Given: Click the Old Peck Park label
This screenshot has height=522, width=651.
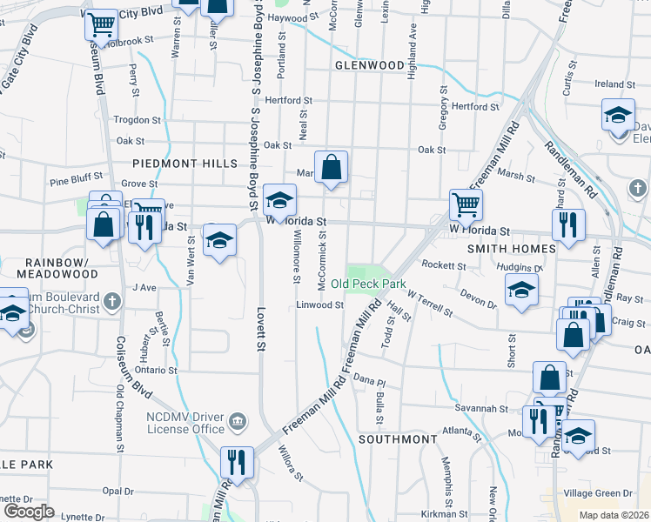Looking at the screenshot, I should point(369,284).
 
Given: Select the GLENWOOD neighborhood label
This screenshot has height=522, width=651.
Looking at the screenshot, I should point(369,65).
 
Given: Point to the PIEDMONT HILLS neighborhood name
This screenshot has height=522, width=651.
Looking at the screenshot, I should point(185,164).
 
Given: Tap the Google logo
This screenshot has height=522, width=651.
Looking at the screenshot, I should point(29,512).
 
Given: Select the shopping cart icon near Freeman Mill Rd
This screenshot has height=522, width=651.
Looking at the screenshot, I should point(466,205).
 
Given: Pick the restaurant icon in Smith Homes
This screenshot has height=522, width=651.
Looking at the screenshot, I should point(568,224).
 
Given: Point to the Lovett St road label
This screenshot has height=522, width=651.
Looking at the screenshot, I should point(259,328).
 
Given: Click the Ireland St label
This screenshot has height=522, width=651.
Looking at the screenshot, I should point(609,84).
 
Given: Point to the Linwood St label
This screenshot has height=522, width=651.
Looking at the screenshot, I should point(320,305).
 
